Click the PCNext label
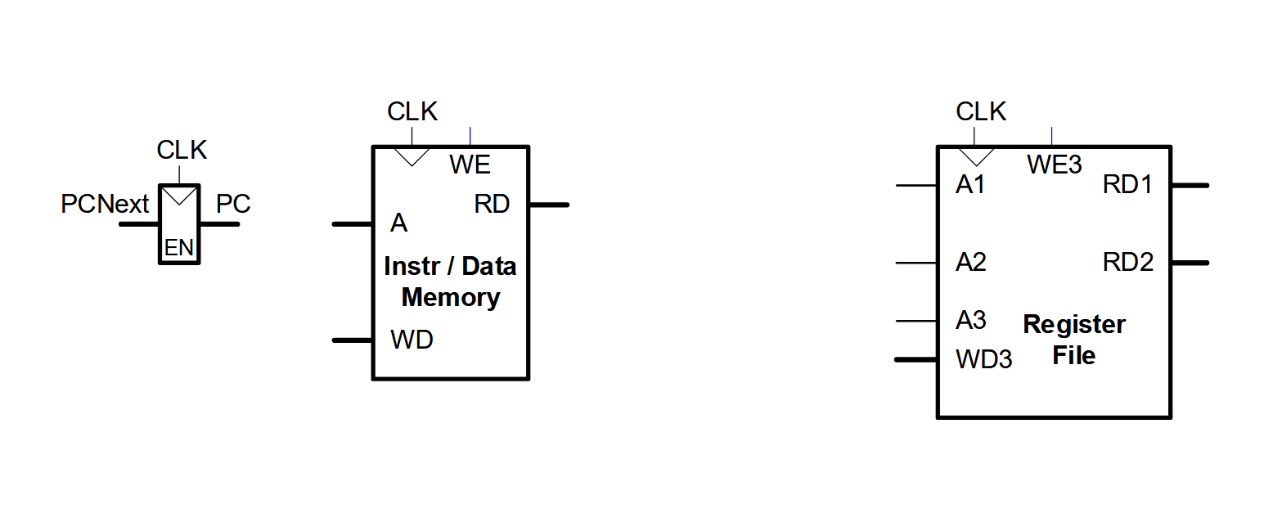pos(105,204)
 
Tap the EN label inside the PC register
pos(179,248)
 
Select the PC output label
pos(233,204)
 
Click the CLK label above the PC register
pos(182,151)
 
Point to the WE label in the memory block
pos(470,164)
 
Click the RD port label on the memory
pos(492,204)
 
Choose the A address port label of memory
pos(398,223)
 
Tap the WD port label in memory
pos(412,340)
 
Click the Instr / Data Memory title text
pos(450,282)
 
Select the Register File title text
pos(1073,340)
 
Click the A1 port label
pos(970,185)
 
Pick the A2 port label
pos(970,262)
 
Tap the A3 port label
pos(970,320)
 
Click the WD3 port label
pos(984,359)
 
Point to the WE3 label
pos(1055,165)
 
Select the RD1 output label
pos(1127,185)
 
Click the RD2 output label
pos(1127,262)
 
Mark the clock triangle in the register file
pos(976,155)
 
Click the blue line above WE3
pos(1051,137)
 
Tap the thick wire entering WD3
pos(916,359)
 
